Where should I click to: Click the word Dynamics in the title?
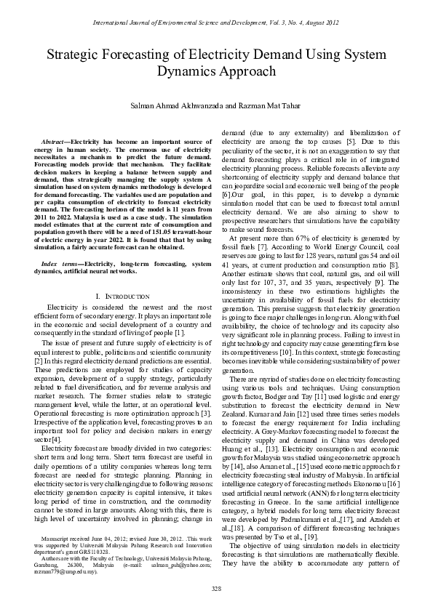coord(184,71)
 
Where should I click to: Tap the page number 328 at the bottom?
coord(216,588)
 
